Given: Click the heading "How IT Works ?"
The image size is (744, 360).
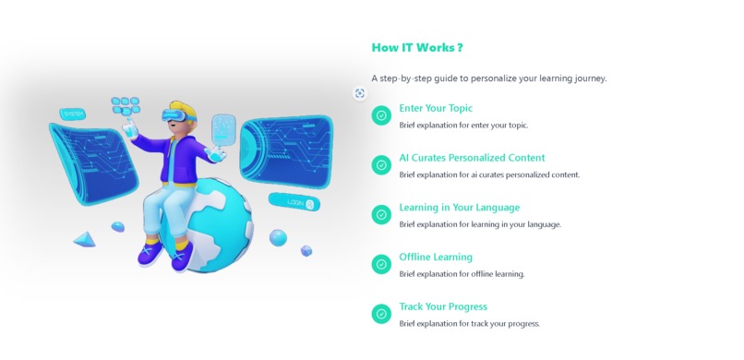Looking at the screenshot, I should [417, 48].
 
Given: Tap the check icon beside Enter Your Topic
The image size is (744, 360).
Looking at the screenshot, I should [381, 115].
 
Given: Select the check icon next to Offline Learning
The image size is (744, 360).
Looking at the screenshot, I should [381, 264].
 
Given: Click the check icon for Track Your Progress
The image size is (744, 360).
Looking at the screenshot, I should [381, 314].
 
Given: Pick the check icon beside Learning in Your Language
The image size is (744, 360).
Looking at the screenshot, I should [381, 214].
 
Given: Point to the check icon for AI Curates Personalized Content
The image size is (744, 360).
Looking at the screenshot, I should [381, 165].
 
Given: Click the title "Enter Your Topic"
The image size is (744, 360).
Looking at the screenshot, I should [436, 108].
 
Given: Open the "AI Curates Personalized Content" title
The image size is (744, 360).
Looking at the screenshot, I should [472, 158].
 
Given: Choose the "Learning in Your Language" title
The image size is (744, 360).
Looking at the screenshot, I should [459, 208].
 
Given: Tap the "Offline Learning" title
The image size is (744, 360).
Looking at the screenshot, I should [436, 257].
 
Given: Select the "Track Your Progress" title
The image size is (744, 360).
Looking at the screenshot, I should [443, 306].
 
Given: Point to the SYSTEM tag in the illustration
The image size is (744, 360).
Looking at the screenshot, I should [73, 114].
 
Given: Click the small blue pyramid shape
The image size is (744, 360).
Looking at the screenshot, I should [84, 240].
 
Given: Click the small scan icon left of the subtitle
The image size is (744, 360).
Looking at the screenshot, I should [360, 93].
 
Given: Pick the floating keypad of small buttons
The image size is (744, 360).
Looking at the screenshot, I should [125, 105].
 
